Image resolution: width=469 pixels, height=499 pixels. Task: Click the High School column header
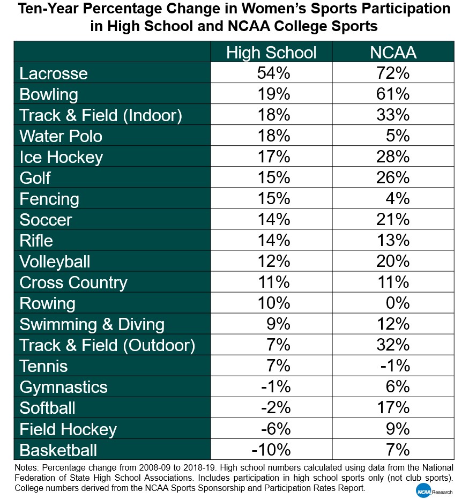(271, 53)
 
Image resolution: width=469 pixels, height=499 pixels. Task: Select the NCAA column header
(393, 53)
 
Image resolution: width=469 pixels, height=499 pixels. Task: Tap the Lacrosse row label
(54, 73)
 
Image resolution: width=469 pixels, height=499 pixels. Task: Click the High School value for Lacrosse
(274, 73)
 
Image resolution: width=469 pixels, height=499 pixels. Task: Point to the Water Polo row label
(61, 136)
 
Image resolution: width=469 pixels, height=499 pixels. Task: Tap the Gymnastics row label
(63, 387)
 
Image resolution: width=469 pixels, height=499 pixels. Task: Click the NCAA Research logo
(433, 489)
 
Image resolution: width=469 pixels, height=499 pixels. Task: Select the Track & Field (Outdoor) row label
(107, 345)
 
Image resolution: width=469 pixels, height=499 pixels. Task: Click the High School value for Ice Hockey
(274, 157)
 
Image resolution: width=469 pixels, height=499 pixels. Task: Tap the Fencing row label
(49, 199)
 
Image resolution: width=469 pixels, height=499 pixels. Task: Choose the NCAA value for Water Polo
(398, 136)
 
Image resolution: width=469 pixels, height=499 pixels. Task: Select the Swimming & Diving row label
(92, 324)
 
